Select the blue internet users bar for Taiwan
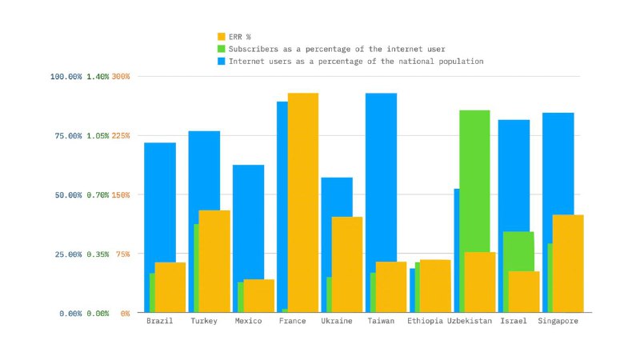(382, 176)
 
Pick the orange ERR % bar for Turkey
(214, 261)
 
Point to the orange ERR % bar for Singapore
(568, 263)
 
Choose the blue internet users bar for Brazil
(160, 200)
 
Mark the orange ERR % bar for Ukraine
(347, 264)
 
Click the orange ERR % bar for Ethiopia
(435, 286)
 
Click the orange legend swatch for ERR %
(222, 37)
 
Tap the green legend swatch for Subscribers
(222, 49)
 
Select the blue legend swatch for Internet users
(222, 61)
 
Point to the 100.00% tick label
(66, 77)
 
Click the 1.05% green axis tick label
(97, 136)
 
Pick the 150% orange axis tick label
(121, 195)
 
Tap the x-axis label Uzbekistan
(470, 322)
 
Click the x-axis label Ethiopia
(425, 322)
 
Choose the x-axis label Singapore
(558, 322)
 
